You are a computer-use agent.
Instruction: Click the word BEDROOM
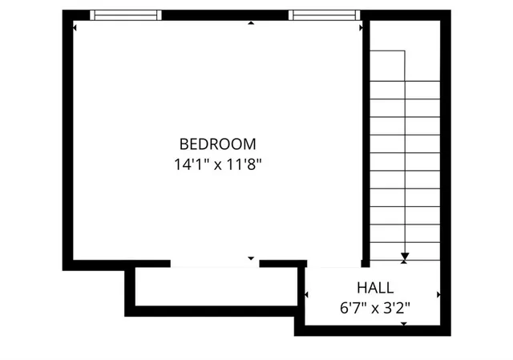click(x=217, y=144)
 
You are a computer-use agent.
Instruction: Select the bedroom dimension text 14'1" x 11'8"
click(x=217, y=165)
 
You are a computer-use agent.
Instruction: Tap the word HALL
click(x=375, y=286)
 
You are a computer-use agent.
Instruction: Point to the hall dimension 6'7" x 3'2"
click(x=375, y=305)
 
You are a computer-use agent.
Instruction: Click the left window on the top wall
click(x=126, y=14)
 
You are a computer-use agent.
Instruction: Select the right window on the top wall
click(x=321, y=14)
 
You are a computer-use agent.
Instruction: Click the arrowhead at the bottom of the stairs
click(x=405, y=257)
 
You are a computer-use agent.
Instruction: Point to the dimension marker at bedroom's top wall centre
click(x=251, y=23)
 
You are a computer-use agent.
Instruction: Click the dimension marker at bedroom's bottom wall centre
click(x=251, y=258)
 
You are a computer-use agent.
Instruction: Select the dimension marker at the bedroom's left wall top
click(x=75, y=26)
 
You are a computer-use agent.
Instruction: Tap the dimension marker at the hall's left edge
click(x=307, y=296)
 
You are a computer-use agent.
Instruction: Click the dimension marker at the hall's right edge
click(x=438, y=296)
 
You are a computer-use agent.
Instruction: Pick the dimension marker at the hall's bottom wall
click(x=404, y=323)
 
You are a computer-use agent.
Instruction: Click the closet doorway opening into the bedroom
click(x=215, y=263)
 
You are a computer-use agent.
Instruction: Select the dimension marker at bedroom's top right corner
click(x=360, y=26)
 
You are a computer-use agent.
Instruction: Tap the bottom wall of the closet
click(x=212, y=311)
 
